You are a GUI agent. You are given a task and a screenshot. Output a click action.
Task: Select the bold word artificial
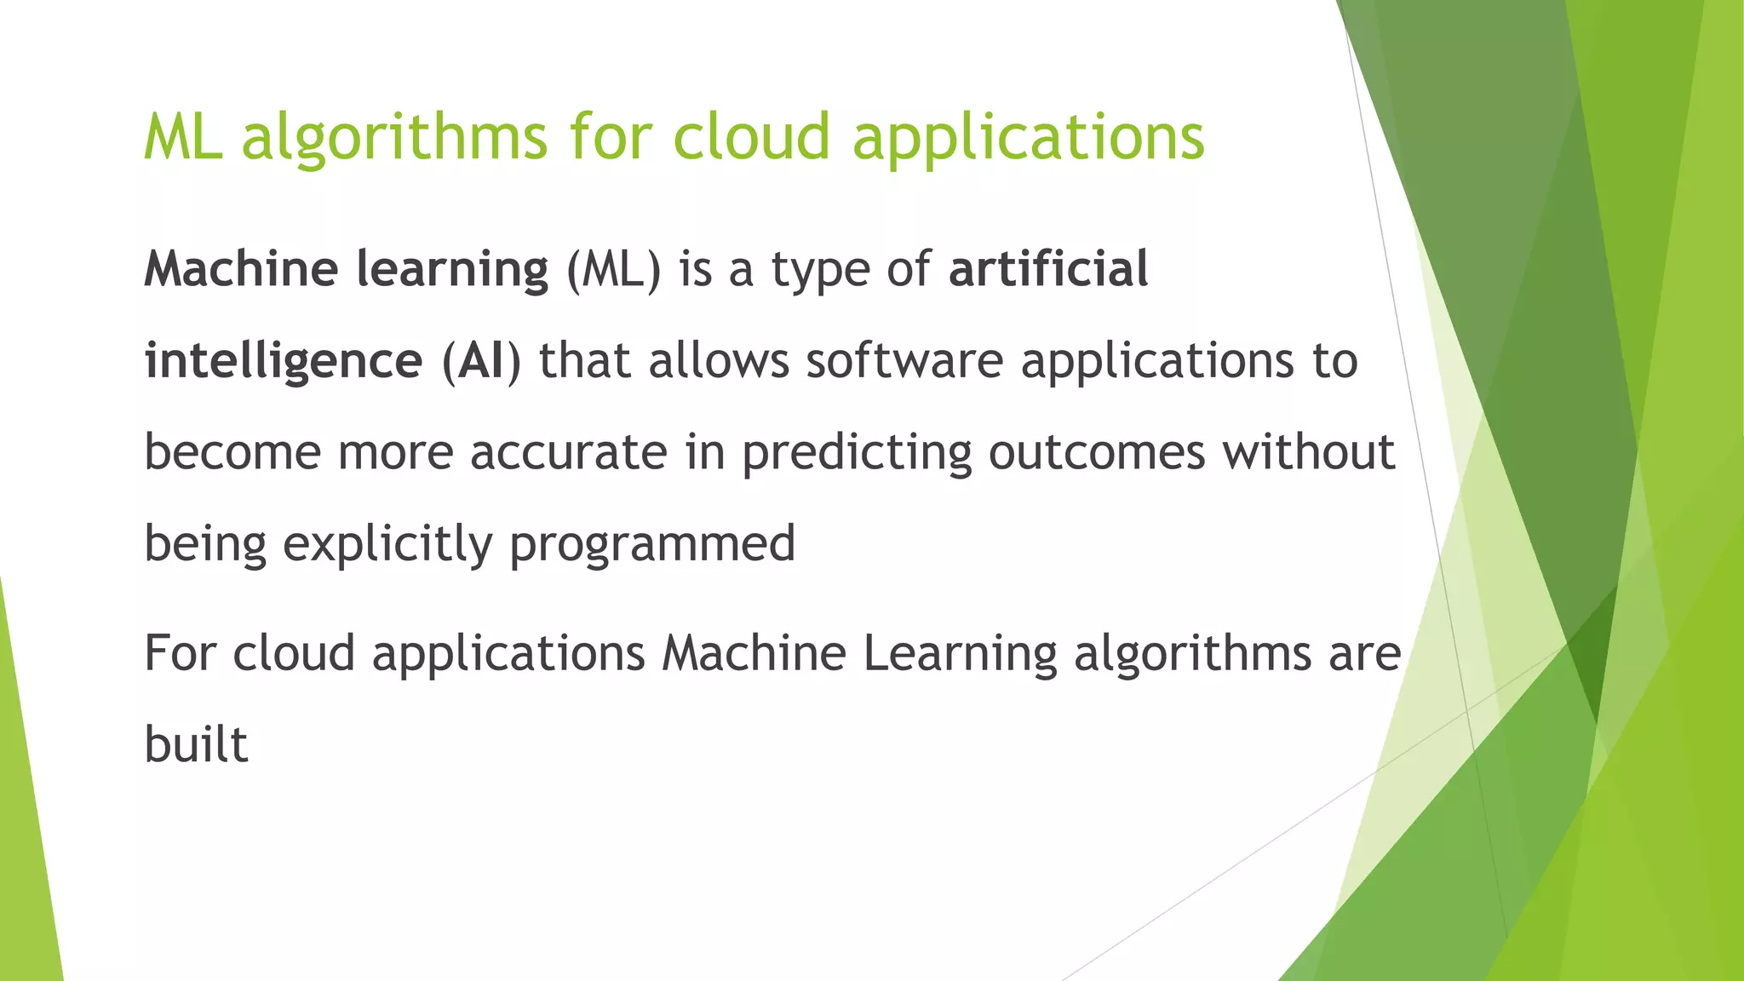1048,269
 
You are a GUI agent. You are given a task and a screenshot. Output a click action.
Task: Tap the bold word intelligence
284,360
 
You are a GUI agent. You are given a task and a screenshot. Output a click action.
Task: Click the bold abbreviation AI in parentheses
481,360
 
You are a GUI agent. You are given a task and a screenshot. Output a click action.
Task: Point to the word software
904,360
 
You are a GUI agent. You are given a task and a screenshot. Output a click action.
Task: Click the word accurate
569,451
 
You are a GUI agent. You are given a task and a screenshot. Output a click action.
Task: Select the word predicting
856,453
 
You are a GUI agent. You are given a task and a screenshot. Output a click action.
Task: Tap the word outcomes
1097,451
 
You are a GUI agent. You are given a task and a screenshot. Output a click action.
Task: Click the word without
1309,451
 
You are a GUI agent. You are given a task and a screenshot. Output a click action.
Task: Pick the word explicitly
387,544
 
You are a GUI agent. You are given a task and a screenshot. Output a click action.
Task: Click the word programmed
652,544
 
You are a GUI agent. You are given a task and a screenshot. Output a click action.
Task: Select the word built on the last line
196,743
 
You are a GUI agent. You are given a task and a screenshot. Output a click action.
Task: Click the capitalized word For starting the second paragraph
179,654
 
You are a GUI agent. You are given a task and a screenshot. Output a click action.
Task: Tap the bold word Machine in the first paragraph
241,269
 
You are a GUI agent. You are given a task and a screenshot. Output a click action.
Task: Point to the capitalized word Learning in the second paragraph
959,654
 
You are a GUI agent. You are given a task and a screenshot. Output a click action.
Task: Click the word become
232,451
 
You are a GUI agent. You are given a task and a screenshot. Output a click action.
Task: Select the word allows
719,360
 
